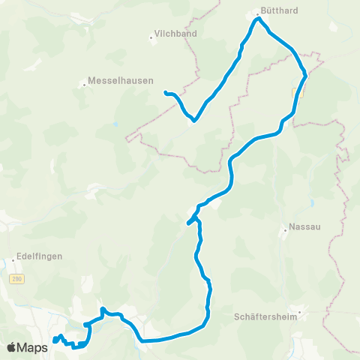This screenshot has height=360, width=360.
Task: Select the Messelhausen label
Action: pyautogui.click(x=121, y=80)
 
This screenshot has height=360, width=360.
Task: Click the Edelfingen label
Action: pyautogui.click(x=37, y=256)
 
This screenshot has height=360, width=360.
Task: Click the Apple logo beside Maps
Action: pyautogui.click(x=12, y=348)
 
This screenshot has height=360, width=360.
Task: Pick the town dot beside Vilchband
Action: pyautogui.click(x=152, y=36)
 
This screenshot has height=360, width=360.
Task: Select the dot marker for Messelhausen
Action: pyautogui.click(x=84, y=84)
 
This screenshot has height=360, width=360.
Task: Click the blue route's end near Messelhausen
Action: pyautogui.click(x=166, y=92)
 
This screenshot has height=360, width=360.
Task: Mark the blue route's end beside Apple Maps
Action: pyautogui.click(x=55, y=341)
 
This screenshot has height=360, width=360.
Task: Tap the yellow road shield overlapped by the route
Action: pyautogui.click(x=295, y=91)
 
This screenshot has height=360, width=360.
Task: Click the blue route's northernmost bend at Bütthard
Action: pyautogui.click(x=257, y=19)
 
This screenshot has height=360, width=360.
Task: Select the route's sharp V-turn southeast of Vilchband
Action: pyautogui.click(x=194, y=119)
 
